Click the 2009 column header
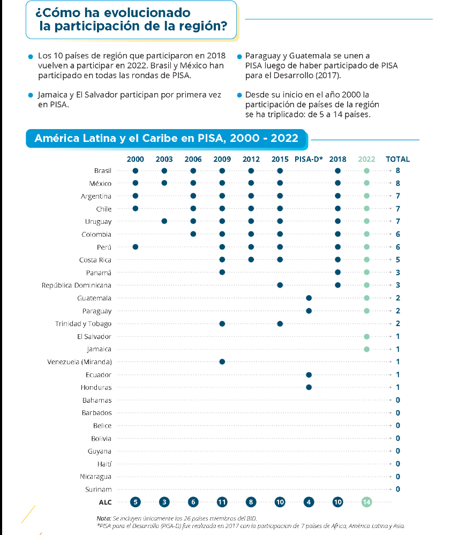(222, 159)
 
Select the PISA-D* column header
(309, 159)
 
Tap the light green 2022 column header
(366, 159)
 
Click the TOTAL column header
(397, 159)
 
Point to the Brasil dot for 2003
(164, 171)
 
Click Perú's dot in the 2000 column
(136, 247)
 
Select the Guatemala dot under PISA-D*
(309, 298)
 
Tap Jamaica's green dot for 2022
(366, 349)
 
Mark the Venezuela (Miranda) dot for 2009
(222, 362)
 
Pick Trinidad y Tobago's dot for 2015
(280, 323)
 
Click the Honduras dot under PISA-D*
(309, 387)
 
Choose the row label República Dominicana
(77, 285)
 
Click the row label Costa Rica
(95, 260)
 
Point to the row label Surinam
(99, 489)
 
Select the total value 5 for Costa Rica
(398, 260)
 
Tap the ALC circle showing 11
(222, 502)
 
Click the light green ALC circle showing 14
(366, 502)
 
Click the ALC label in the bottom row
(105, 502)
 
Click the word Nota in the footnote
(103, 518)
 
